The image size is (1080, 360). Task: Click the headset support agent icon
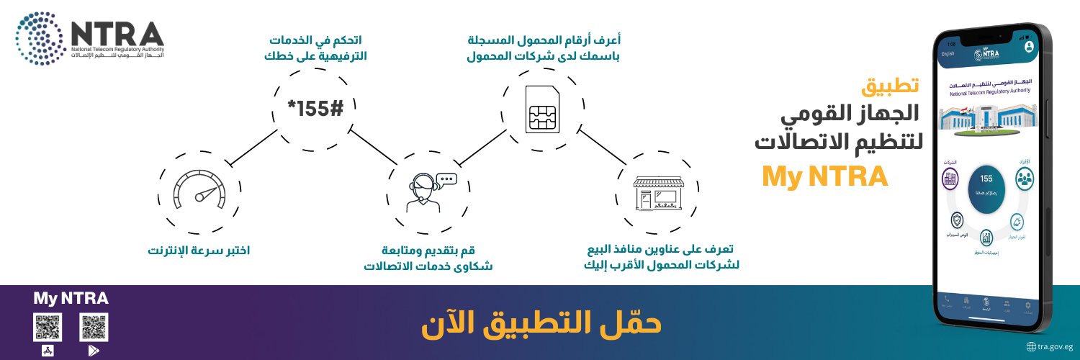tap(426, 192)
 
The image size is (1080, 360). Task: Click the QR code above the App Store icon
tap(48, 328)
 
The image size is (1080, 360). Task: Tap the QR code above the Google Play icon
tap(94, 328)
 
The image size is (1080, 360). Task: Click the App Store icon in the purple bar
tap(48, 351)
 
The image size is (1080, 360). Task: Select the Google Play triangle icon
tap(94, 351)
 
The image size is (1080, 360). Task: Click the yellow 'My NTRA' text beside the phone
tap(825, 177)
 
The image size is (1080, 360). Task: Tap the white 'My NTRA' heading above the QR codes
tap(71, 298)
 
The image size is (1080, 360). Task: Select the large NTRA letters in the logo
tap(117, 33)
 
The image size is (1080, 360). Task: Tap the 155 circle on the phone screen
tap(986, 189)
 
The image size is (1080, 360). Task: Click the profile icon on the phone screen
tap(1029, 46)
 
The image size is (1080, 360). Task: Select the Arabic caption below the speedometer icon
tap(199, 251)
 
